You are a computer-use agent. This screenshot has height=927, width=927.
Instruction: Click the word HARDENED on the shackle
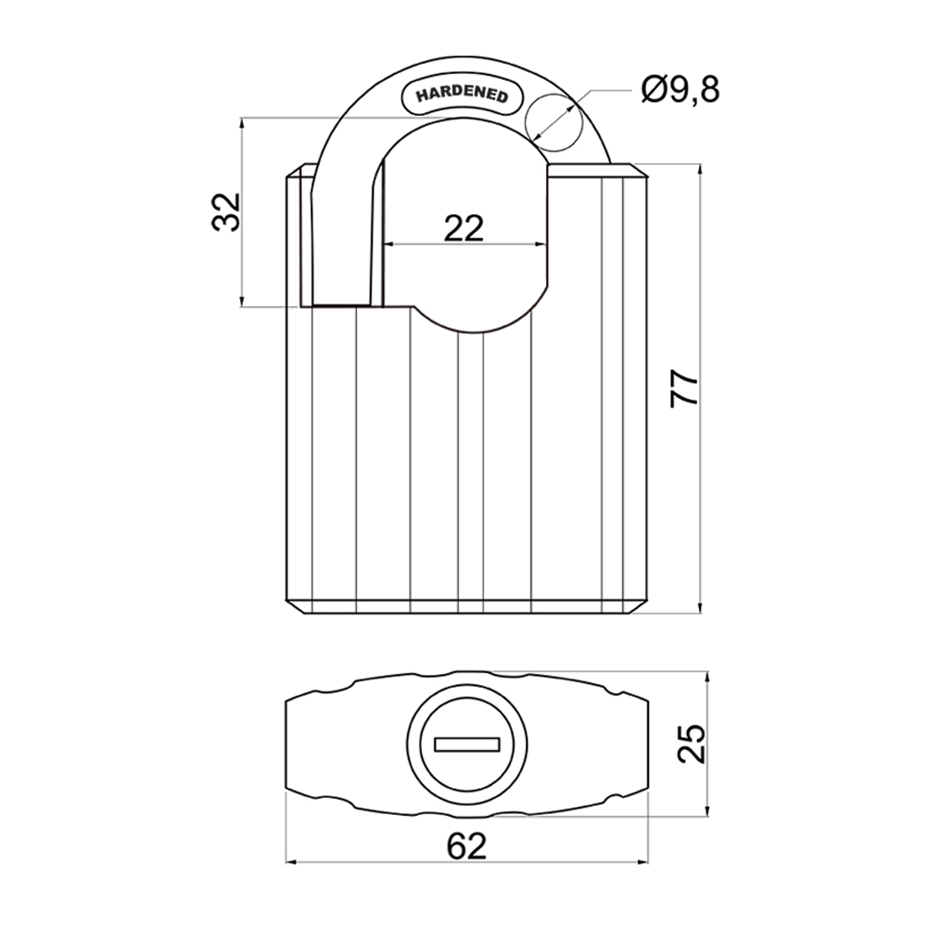(x=462, y=95)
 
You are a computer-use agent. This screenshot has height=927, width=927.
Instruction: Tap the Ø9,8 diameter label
(x=679, y=91)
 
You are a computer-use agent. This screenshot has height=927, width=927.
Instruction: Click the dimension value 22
(x=464, y=228)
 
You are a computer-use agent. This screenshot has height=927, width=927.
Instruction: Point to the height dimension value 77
(x=685, y=388)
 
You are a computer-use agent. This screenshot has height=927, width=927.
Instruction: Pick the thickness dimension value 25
(x=692, y=743)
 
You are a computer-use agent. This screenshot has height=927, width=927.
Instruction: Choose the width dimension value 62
(x=466, y=846)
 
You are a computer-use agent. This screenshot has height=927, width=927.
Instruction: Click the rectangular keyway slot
(x=467, y=744)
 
